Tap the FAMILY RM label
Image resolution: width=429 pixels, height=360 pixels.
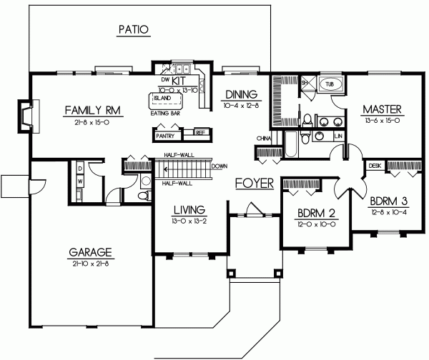pyautogui.click(x=92, y=110)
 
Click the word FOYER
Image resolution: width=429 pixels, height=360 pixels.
pyautogui.click(x=255, y=184)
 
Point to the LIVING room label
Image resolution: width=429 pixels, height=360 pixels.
pyautogui.click(x=189, y=210)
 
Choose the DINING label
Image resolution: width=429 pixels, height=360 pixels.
pyautogui.click(x=240, y=94)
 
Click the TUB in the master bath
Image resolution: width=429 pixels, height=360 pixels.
pyautogui.click(x=330, y=84)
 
